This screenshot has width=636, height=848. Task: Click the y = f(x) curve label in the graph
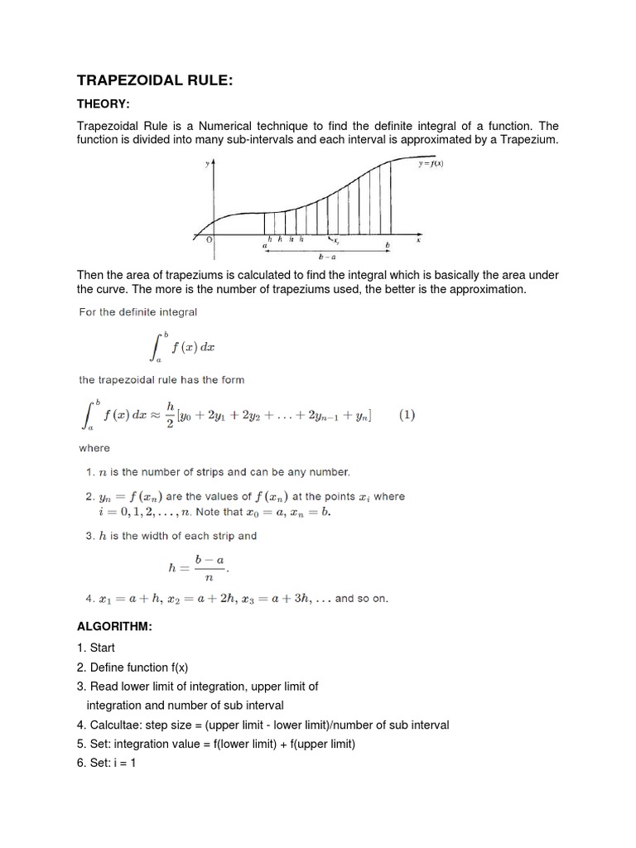point(431,163)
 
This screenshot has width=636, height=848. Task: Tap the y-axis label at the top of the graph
point(206,164)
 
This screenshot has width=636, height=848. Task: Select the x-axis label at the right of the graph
point(418,240)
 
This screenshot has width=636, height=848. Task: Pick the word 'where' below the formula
point(94,448)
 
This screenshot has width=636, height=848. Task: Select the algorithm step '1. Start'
point(96,648)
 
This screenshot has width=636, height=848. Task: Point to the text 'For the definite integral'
point(137,312)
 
